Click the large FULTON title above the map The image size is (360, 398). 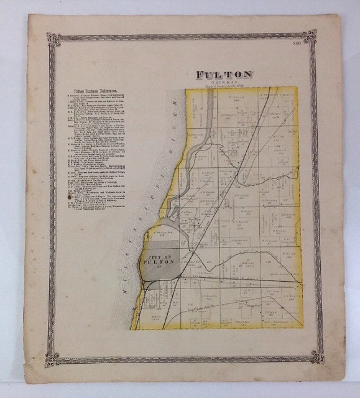(x=224, y=75)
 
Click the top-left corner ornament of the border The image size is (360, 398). (x=53, y=39)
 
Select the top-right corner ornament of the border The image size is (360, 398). (x=310, y=36)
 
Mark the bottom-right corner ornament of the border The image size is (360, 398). (x=317, y=356)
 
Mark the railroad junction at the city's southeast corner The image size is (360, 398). (x=180, y=277)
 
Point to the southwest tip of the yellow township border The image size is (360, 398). (x=132, y=328)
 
